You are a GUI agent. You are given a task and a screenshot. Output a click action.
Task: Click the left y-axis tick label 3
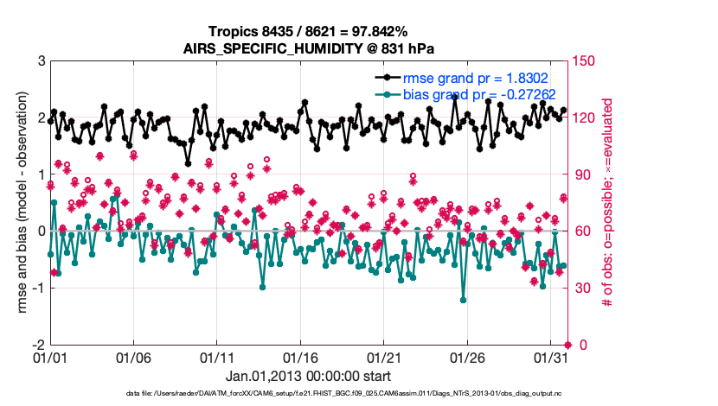pos(41,61)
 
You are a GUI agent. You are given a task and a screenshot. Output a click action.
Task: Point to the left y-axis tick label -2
pos(37,345)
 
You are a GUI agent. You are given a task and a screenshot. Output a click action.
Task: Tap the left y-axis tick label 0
pos(41,232)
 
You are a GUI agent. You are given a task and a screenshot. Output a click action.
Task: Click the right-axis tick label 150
pos(587,61)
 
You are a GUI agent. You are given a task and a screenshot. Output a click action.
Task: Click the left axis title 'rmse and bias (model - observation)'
pos(16,203)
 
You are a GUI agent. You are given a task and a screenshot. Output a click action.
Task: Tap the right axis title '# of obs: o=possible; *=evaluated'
pos(608,203)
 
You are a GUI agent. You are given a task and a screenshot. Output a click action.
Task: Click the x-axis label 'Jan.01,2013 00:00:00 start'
pos(308,377)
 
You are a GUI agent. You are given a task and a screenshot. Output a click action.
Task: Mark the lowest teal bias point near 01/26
pos(464,301)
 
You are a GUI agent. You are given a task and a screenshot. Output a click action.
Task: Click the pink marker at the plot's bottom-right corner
pos(567,345)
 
